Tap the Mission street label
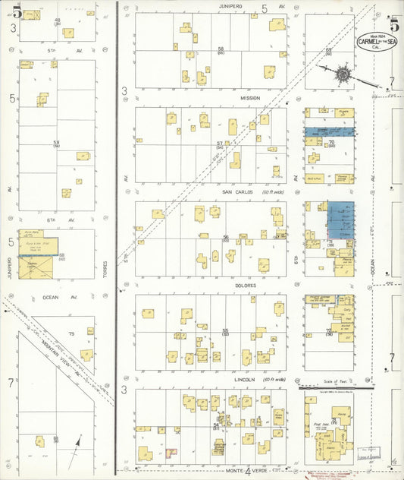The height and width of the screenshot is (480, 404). [250, 98]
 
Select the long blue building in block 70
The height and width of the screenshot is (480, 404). [329, 131]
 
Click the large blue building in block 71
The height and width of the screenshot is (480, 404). [340, 222]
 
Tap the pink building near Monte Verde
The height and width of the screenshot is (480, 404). [171, 453]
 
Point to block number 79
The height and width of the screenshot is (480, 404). [72, 334]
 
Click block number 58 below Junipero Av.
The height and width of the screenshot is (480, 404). [221, 49]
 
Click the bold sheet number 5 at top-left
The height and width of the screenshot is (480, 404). [16, 11]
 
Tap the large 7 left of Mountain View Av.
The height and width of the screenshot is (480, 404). [11, 383]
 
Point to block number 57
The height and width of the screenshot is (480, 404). [219, 143]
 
